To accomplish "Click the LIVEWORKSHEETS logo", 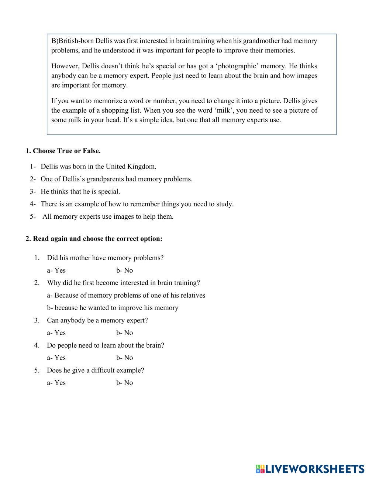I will coord(310,468).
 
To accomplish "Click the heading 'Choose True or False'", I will coord(63,151).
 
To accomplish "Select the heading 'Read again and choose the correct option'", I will coord(94,238).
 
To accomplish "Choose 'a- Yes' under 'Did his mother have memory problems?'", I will coord(56,270).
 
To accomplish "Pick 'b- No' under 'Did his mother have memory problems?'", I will coord(124,270).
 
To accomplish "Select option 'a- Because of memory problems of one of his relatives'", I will coord(126,295).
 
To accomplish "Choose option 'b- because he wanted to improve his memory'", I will coord(113,308).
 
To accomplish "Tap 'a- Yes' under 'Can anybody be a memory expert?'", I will coord(56,332).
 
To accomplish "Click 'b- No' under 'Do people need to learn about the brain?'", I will coord(124,358).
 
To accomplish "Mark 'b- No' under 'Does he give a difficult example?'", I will coord(124,383).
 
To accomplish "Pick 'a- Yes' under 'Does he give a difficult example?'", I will coord(56,383).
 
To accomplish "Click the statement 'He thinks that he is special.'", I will coord(80,191).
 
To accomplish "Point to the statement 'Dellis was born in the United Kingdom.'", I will coord(98,166).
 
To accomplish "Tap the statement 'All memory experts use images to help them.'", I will coord(108,216).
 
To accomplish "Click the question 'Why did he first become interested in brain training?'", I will coord(123,283).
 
